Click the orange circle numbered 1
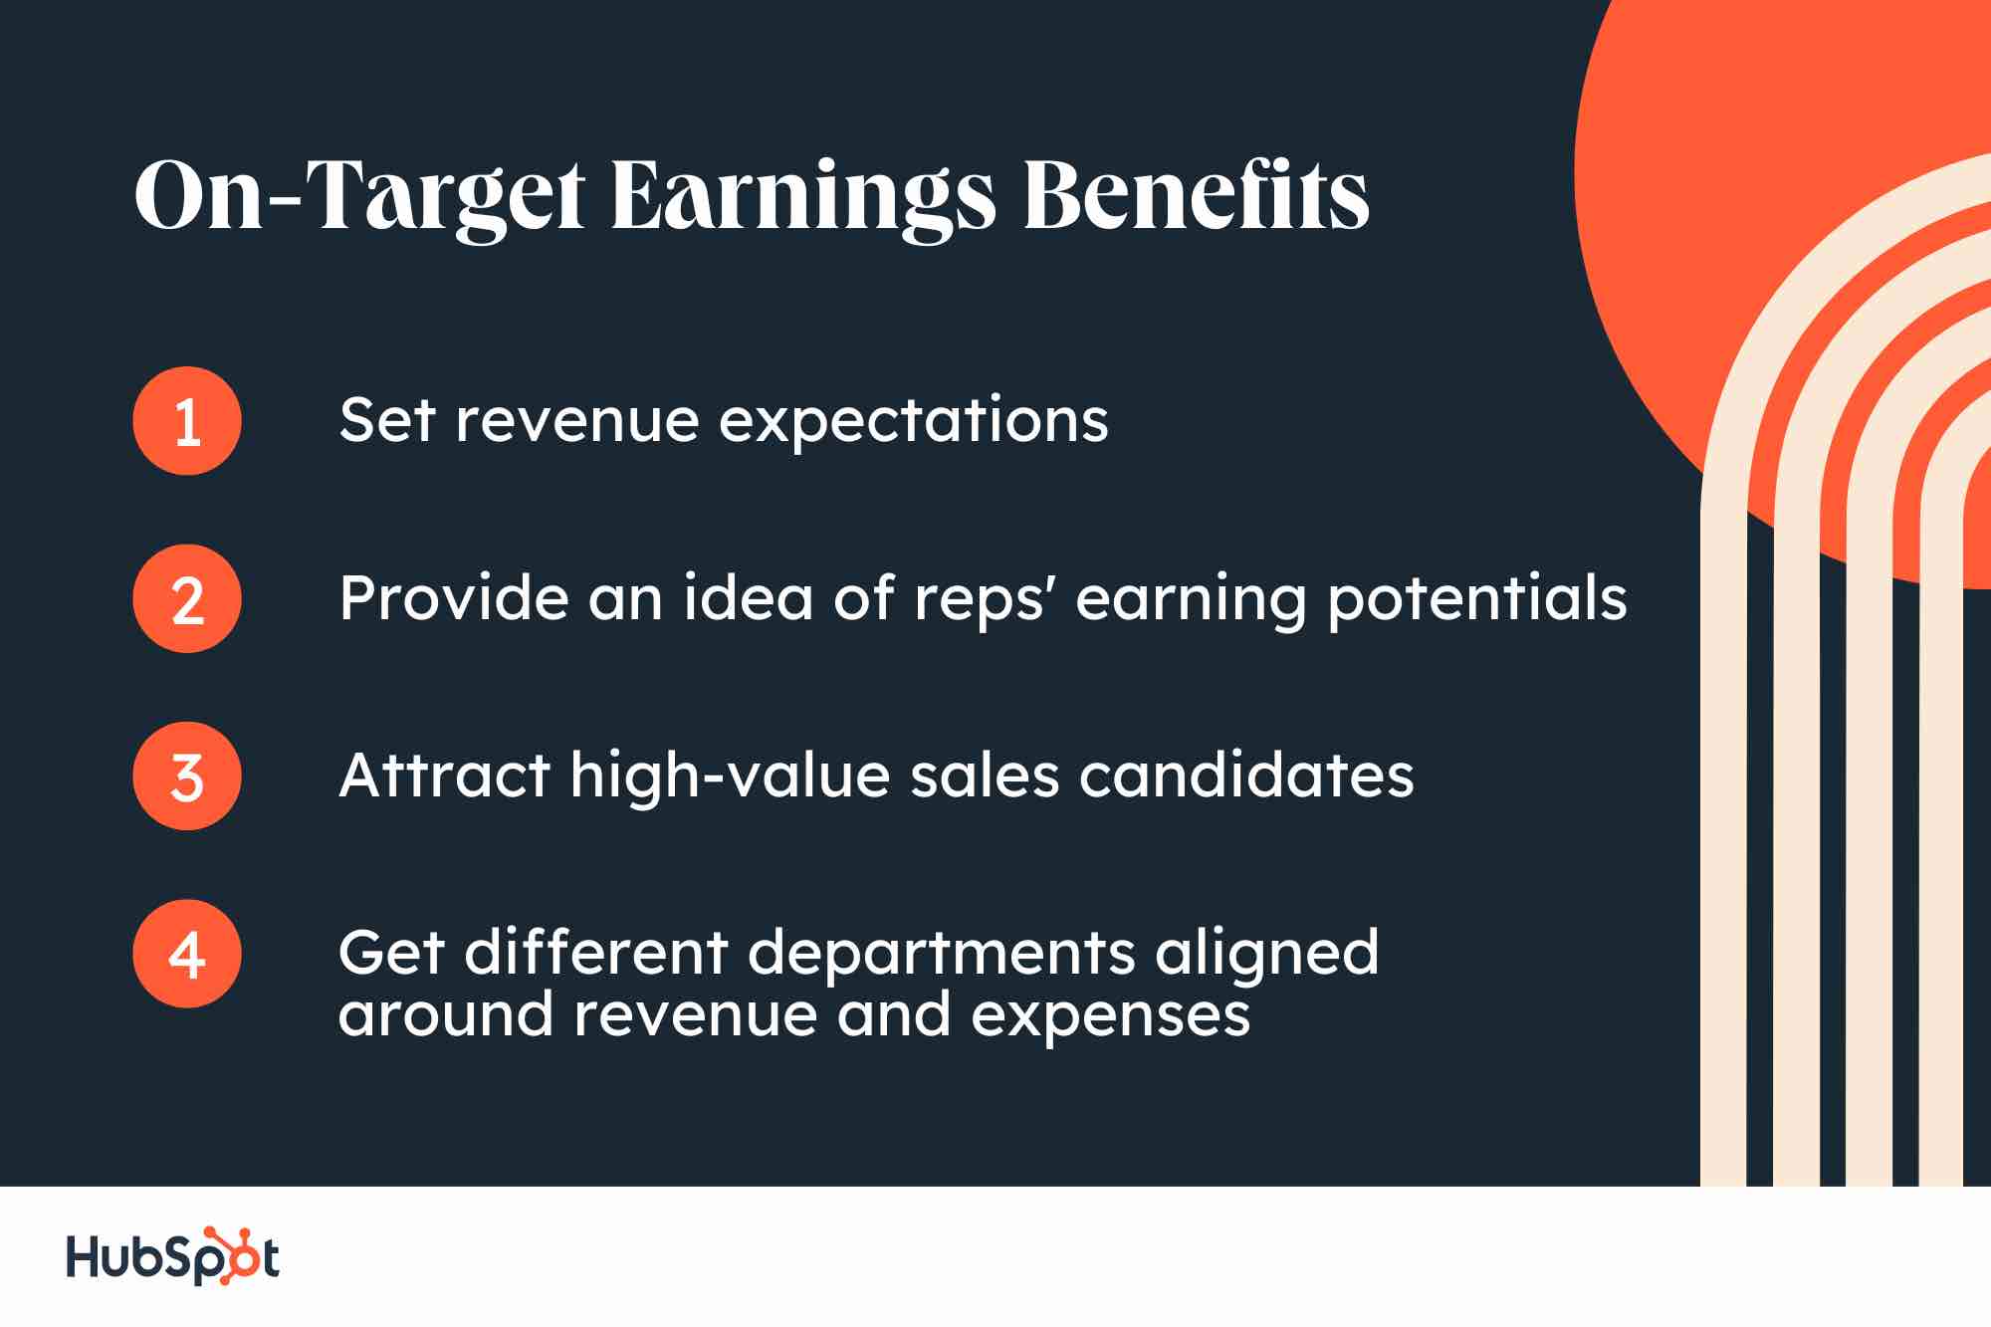click(x=187, y=421)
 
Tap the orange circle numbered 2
click(x=187, y=599)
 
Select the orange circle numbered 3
click(x=187, y=776)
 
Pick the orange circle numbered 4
click(x=187, y=954)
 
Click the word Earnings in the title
click(x=802, y=197)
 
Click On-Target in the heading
click(x=359, y=197)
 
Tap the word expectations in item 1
click(x=913, y=422)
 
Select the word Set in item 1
click(x=386, y=420)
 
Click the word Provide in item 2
click(x=452, y=598)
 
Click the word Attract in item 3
click(x=444, y=775)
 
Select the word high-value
click(x=730, y=776)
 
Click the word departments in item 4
click(x=941, y=954)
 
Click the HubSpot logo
click(x=172, y=1256)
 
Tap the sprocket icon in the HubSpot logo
click(x=235, y=1254)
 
